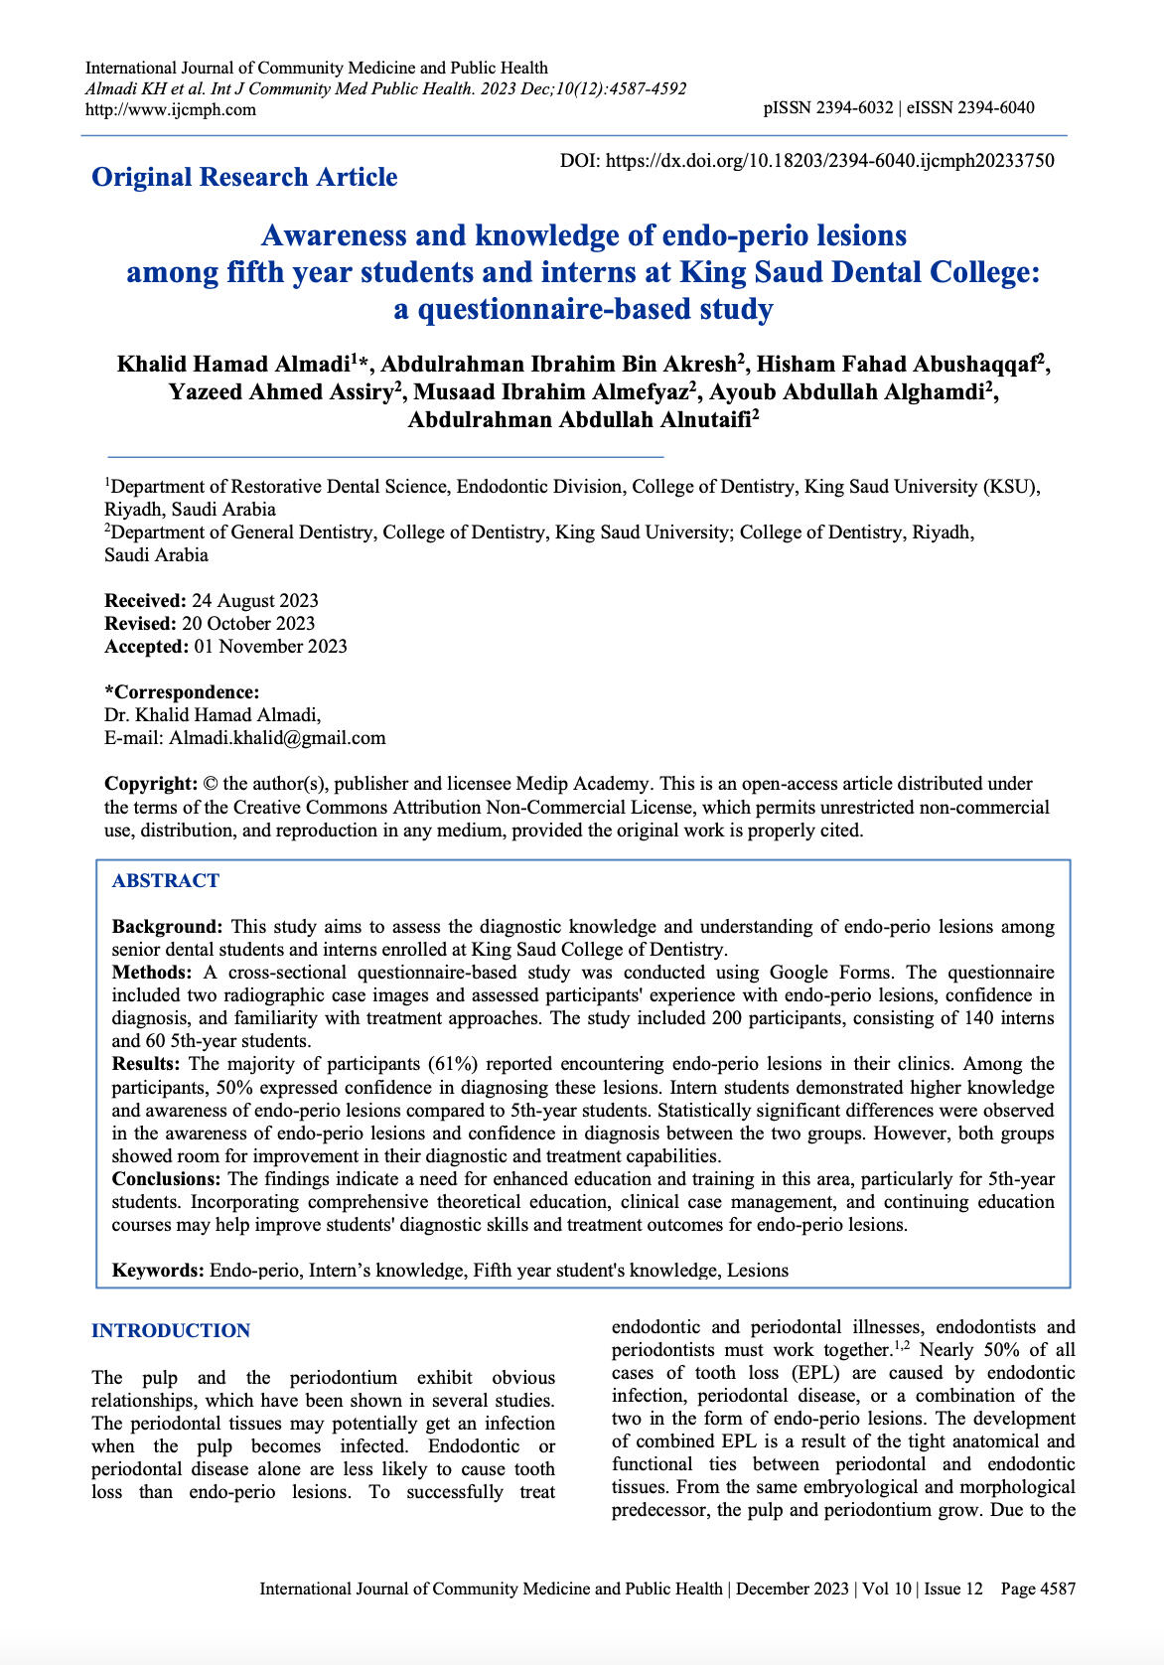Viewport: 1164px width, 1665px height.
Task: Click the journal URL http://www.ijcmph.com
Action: point(171,109)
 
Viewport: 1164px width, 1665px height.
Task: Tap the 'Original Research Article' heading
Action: point(244,177)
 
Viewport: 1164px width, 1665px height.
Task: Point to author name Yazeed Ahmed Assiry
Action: point(281,391)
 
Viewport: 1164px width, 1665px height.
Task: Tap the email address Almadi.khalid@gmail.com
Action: point(277,737)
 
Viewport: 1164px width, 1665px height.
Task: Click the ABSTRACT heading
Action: point(166,880)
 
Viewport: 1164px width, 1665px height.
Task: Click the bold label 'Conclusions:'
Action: point(167,1178)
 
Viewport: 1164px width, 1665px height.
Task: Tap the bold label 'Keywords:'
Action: point(158,1270)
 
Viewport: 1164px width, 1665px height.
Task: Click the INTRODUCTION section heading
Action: point(171,1330)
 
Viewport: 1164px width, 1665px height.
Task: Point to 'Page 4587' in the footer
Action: point(1038,1589)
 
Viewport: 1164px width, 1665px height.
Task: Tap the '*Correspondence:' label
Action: point(182,691)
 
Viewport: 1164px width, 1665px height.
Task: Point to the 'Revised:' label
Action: point(140,623)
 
